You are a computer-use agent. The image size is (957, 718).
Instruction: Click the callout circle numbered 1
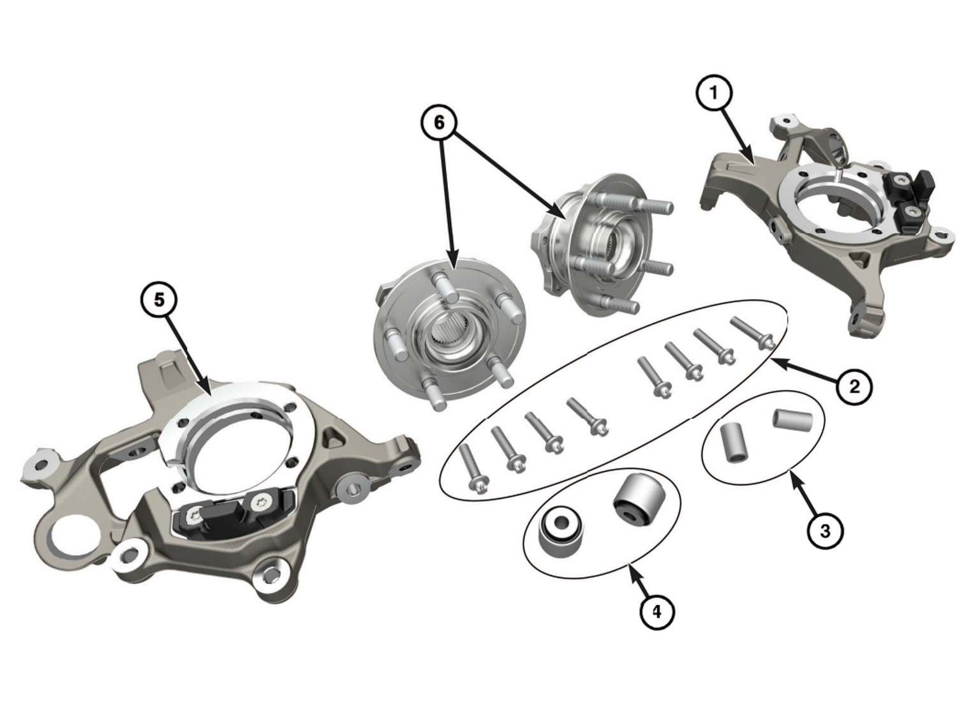(714, 93)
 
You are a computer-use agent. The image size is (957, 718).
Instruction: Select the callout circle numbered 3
(824, 530)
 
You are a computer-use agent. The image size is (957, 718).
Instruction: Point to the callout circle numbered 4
(657, 611)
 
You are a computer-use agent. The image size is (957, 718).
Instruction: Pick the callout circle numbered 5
(159, 299)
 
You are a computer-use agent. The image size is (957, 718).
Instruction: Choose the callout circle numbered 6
(439, 123)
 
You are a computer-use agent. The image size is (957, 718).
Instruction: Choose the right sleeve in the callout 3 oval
(793, 419)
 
